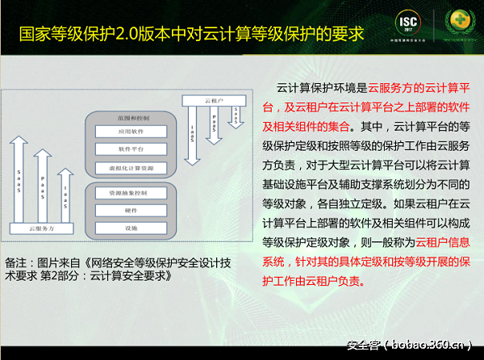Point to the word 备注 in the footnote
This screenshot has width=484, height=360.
tap(17, 262)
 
